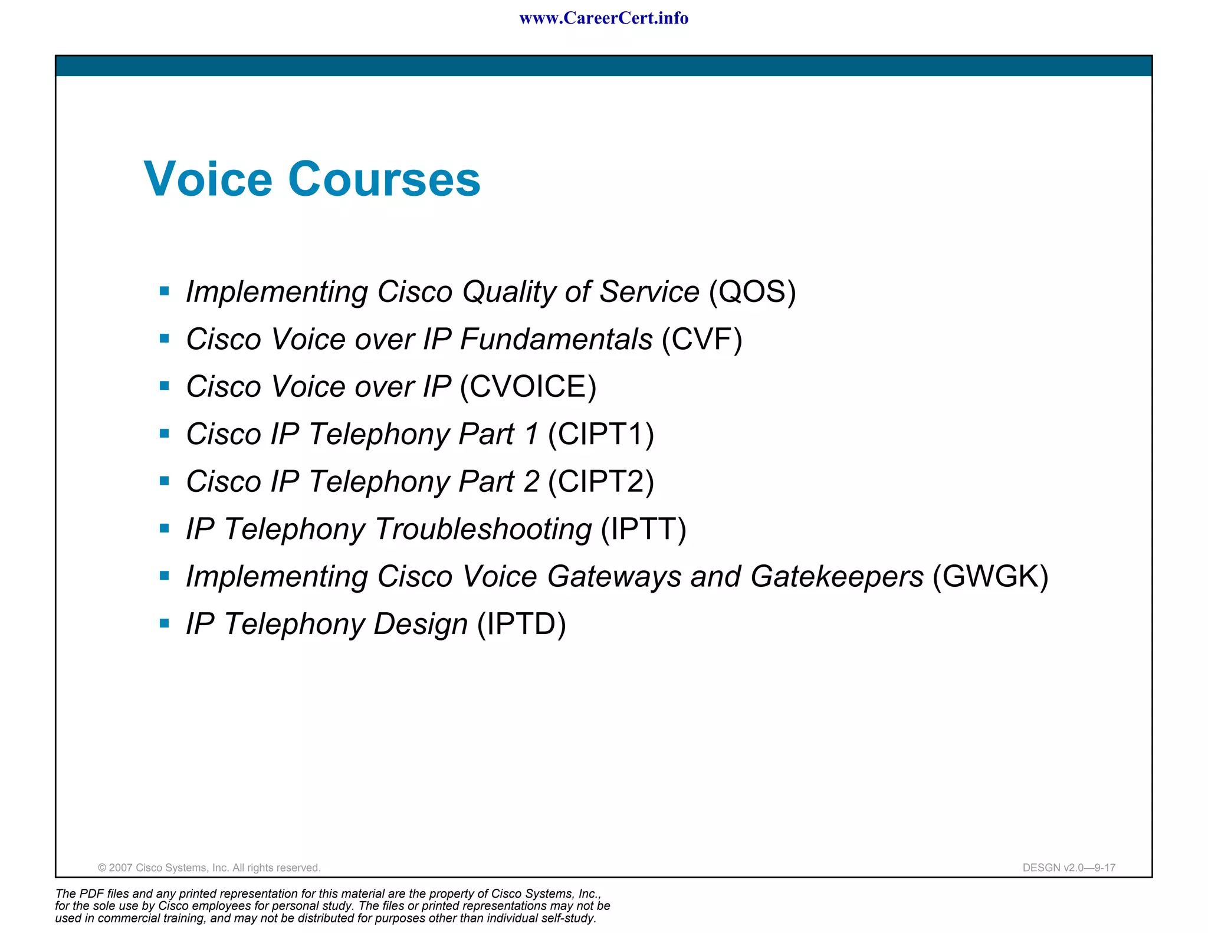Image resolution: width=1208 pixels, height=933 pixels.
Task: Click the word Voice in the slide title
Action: coord(208,179)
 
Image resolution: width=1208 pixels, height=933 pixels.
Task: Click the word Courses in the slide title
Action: coord(384,179)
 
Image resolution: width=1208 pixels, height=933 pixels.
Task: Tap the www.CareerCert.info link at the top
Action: coord(603,18)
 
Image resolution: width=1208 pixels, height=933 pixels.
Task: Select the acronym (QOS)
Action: coord(752,291)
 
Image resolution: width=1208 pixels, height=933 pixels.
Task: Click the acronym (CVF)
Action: coord(701,339)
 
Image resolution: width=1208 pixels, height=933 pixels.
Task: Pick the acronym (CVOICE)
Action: coord(528,387)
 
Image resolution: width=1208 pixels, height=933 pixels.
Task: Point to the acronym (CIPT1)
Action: coord(600,434)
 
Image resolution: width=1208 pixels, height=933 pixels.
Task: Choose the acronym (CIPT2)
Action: coord(600,482)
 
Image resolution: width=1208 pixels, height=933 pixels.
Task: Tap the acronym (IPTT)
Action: coord(643,529)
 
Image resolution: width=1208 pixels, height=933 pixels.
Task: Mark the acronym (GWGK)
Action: coord(990,576)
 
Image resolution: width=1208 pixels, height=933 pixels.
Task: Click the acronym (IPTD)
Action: coord(521,624)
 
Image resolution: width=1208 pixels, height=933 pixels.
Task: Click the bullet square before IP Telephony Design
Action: coord(165,623)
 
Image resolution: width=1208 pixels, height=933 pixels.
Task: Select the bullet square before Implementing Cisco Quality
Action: coord(165,291)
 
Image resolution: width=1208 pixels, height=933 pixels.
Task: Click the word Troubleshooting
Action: coord(483,529)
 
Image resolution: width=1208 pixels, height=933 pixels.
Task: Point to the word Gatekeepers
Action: coord(836,576)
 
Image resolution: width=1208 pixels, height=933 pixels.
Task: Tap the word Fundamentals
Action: coord(556,339)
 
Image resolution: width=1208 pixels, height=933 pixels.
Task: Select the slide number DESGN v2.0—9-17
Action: coord(1068,868)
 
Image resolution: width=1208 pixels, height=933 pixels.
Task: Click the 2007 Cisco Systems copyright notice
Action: coord(209,868)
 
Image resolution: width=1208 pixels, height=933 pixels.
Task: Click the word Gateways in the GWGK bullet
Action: coord(614,576)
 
